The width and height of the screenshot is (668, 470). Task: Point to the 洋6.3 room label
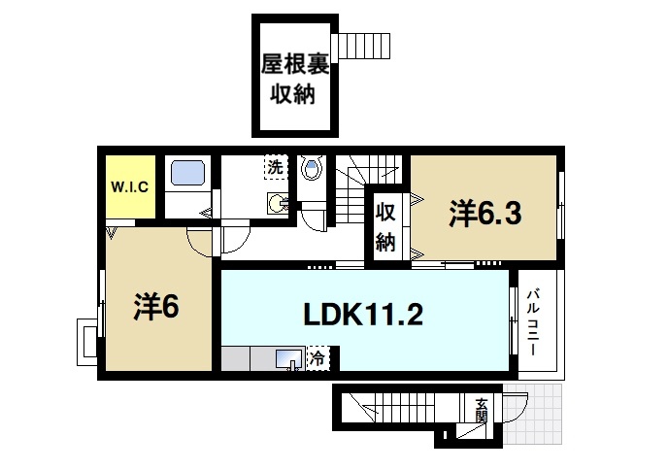pyautogui.click(x=485, y=215)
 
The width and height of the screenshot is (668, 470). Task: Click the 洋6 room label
pyautogui.click(x=155, y=307)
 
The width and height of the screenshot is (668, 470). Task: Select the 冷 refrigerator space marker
pyautogui.click(x=317, y=359)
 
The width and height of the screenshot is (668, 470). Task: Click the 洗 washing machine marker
pyautogui.click(x=276, y=167)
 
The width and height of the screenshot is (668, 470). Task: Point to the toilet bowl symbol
pyautogui.click(x=312, y=171)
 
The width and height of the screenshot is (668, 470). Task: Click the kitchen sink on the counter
pyautogui.click(x=288, y=360)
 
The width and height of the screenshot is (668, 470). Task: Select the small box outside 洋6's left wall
pyautogui.click(x=86, y=342)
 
